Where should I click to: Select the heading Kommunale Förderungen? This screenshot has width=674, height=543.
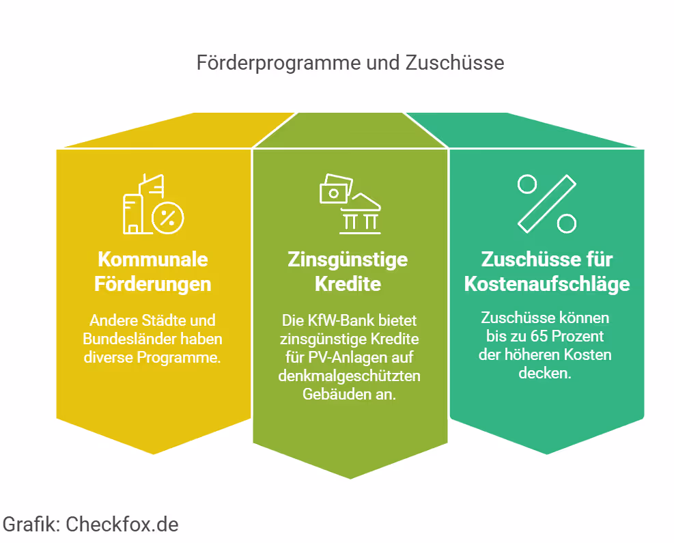tap(152, 271)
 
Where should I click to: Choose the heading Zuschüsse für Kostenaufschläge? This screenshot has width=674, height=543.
tap(546, 271)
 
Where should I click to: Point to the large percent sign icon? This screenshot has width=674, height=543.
tap(547, 204)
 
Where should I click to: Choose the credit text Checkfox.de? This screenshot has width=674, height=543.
tap(122, 525)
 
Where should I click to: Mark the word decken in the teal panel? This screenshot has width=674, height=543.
tap(545, 373)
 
